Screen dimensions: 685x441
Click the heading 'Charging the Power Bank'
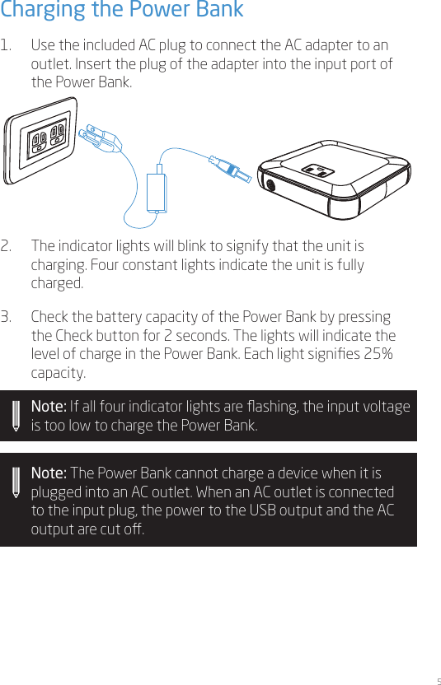point(122,11)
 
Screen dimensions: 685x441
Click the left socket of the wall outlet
point(38,143)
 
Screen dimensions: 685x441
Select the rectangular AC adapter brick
point(157,191)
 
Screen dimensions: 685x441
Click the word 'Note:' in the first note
point(49,408)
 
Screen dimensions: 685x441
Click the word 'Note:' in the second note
point(49,474)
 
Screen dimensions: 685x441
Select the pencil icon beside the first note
point(16,416)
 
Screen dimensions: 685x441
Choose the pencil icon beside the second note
point(16,482)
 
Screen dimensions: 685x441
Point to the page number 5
point(437,681)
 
